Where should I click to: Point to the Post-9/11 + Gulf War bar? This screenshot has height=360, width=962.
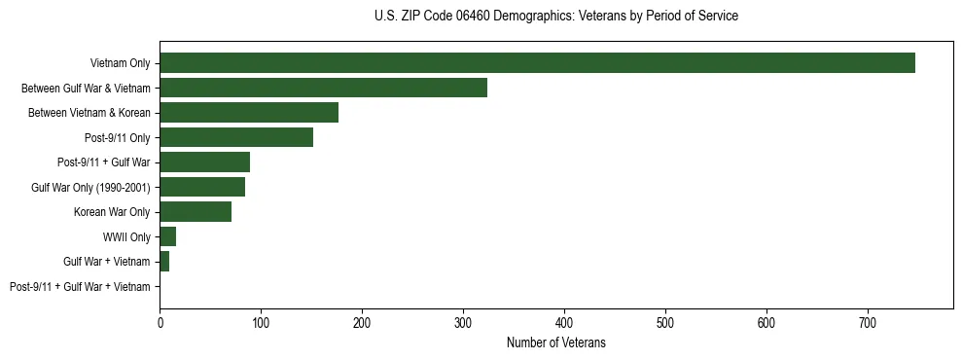pos(204,162)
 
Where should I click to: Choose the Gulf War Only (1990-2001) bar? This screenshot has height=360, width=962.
pos(202,187)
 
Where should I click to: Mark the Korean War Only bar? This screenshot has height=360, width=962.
pos(196,212)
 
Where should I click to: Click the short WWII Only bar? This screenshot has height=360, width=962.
pos(167,236)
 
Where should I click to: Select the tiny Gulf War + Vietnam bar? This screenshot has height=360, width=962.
pos(164,262)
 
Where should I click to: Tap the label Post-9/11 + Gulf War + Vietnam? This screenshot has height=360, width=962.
pos(80,287)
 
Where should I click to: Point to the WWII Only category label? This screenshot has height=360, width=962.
pos(126,237)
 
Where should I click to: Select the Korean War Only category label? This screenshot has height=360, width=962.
pos(112,212)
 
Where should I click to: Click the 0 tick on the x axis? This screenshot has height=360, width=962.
pos(160,322)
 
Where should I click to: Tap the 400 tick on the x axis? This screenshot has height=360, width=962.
pos(564,322)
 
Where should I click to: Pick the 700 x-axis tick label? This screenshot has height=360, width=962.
pos(868,322)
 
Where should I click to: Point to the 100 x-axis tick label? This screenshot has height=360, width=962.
pos(261,322)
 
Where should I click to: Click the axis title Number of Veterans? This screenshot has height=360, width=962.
pos(555,342)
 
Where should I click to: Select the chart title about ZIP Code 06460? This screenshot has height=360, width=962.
pos(555,17)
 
